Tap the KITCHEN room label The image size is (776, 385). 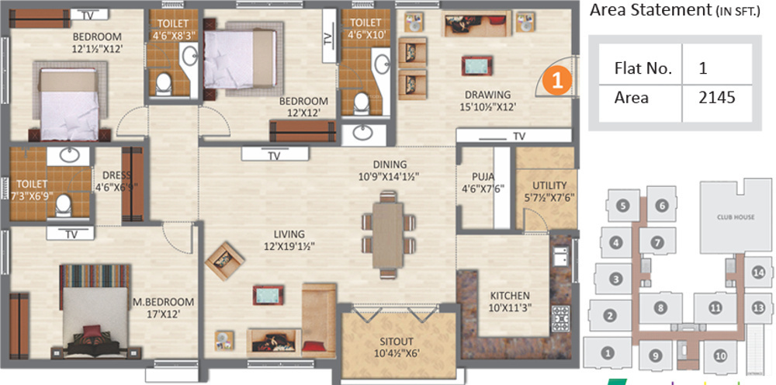[x=509, y=295]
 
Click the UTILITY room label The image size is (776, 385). [x=549, y=186]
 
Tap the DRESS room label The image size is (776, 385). [x=112, y=175]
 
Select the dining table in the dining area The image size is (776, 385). [x=386, y=232]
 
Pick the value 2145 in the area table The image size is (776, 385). [x=715, y=98]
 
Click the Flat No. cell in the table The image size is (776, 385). [x=643, y=68]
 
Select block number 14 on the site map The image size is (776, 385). [x=758, y=272]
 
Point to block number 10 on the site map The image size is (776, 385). [x=719, y=356]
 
